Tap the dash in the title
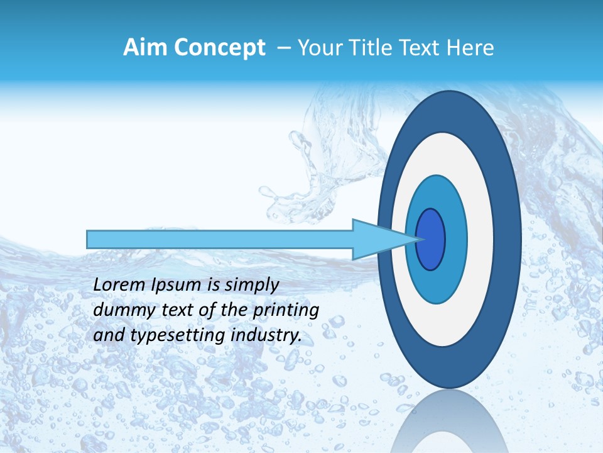tap(283, 48)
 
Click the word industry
tap(267, 335)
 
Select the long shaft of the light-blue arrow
tap(220, 239)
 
